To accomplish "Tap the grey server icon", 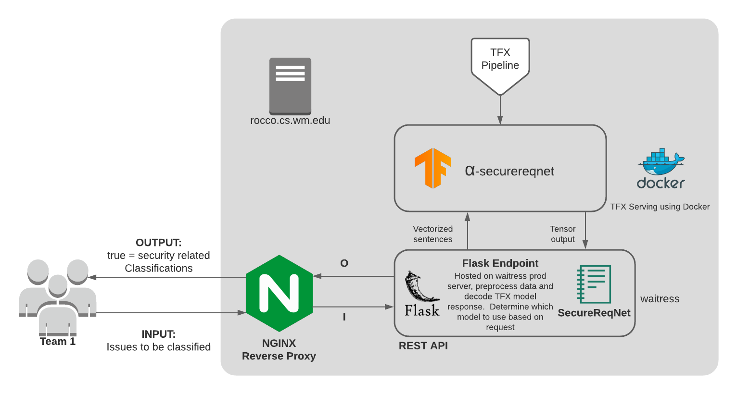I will tap(290, 86).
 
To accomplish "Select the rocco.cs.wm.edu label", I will tap(290, 121).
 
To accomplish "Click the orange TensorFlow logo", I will tap(433, 168).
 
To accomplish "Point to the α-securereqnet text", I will tap(509, 171).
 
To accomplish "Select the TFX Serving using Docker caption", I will tap(660, 207).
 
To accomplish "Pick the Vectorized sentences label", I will tap(432, 234).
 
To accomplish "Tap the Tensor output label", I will tap(562, 234).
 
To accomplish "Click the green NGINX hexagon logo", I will tap(279, 293).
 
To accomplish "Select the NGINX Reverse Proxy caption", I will tap(279, 350).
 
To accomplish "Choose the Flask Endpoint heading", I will tap(500, 263).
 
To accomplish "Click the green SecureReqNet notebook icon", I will tap(594, 284).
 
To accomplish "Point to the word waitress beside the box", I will tap(660, 299).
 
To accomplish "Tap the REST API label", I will tap(423, 346).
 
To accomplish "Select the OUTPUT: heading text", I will tap(158, 243).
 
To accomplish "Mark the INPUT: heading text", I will tap(158, 334).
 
